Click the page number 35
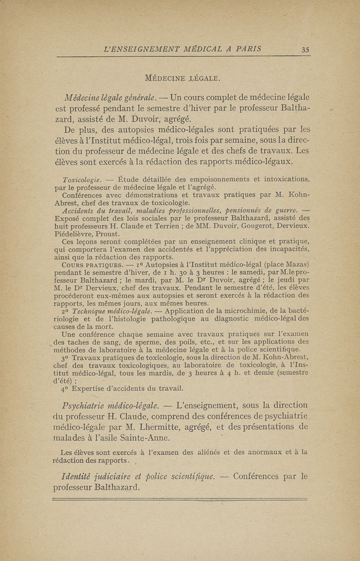coord(305,50)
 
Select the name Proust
coord(109,234)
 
